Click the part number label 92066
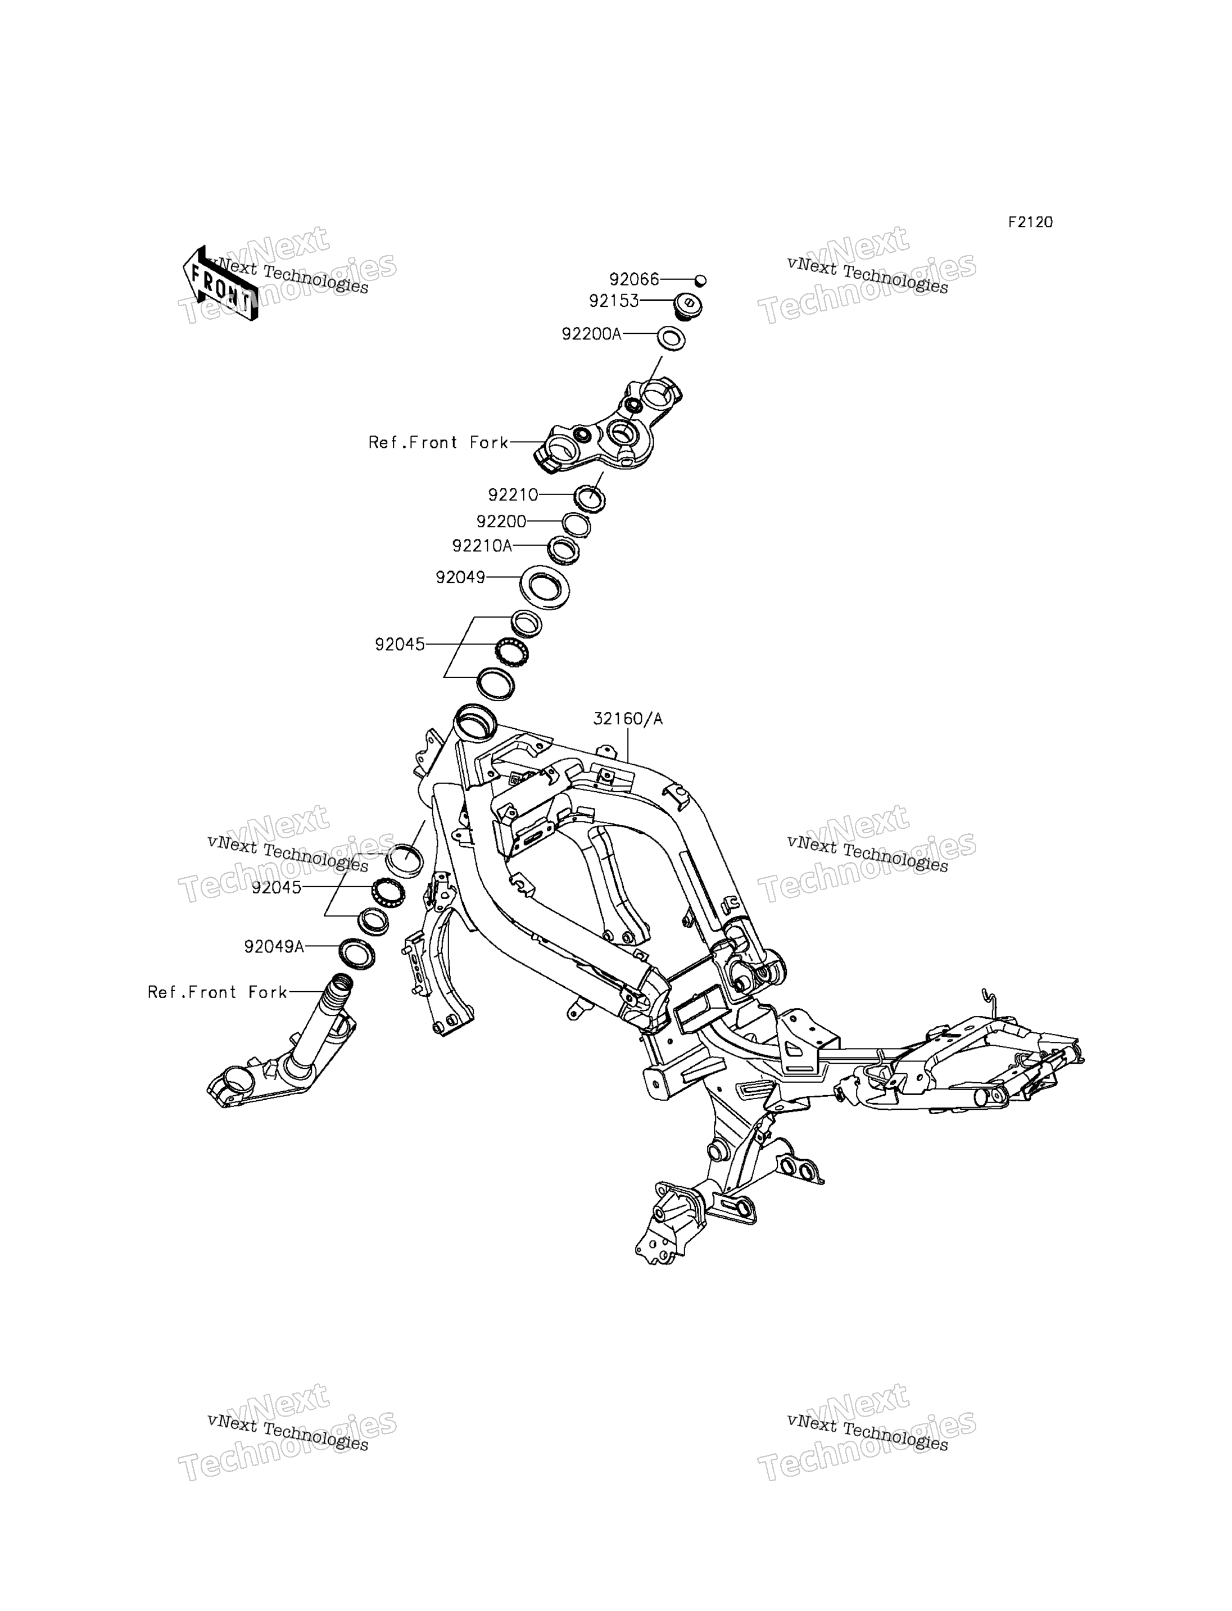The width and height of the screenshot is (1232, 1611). click(x=635, y=279)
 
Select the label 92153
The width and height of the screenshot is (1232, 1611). click(x=614, y=301)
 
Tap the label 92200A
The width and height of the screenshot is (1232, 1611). click(x=592, y=334)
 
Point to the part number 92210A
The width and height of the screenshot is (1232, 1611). click(x=482, y=546)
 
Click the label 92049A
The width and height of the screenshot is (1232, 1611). click(x=274, y=947)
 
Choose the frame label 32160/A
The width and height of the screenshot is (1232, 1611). click(x=628, y=719)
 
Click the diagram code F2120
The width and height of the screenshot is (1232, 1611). click(x=1030, y=222)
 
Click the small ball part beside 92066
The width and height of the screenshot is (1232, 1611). click(x=700, y=280)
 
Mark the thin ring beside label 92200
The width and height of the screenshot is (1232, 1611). click(x=577, y=525)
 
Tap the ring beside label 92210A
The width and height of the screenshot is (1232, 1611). click(x=564, y=551)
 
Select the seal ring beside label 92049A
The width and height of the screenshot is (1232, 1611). click(x=357, y=952)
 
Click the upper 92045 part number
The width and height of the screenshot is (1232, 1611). click(x=400, y=645)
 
